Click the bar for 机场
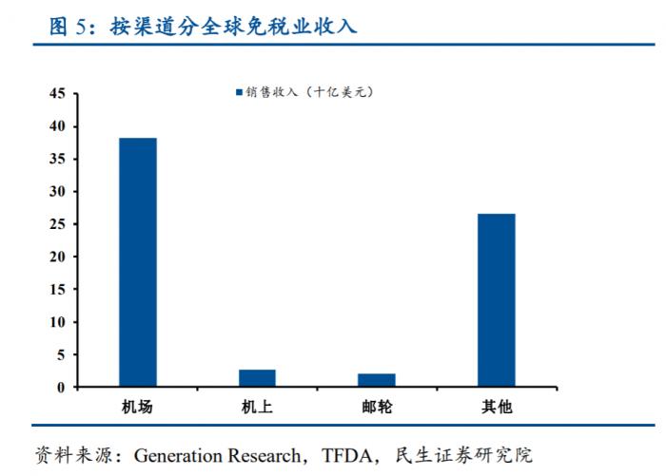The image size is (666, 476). pyautogui.click(x=138, y=262)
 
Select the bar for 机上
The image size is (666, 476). pyautogui.click(x=257, y=378)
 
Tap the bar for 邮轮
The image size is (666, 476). pyautogui.click(x=377, y=380)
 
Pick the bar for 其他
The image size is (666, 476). pyautogui.click(x=496, y=300)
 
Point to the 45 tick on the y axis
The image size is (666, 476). pyautogui.click(x=56, y=94)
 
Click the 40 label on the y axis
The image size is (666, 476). pyautogui.click(x=56, y=126)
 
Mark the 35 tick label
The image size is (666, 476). pyautogui.click(x=56, y=159)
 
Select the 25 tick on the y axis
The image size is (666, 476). pyautogui.click(x=56, y=224)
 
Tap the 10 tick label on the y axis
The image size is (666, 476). pyautogui.click(x=56, y=322)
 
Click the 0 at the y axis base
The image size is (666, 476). pyautogui.click(x=60, y=388)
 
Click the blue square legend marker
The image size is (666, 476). pyautogui.click(x=240, y=92)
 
